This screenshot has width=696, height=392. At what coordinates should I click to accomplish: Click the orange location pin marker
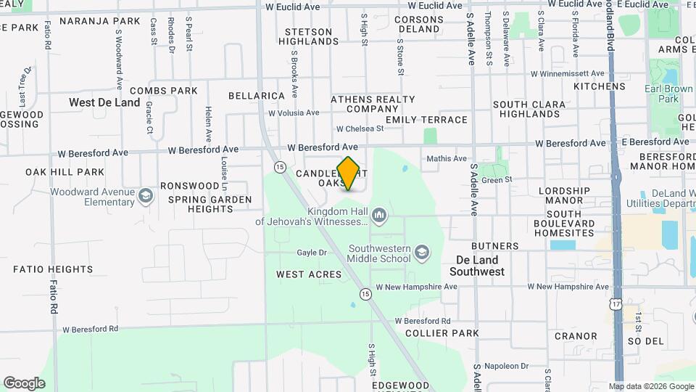[x=349, y=173]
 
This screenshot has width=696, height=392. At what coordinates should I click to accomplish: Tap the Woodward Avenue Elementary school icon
[x=146, y=196]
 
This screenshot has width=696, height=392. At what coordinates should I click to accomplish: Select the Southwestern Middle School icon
[x=421, y=253]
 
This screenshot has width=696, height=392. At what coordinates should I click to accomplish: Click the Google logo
[x=24, y=383]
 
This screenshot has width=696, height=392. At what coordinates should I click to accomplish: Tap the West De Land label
[x=104, y=102]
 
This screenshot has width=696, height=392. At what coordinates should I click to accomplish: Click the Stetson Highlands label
[x=309, y=37]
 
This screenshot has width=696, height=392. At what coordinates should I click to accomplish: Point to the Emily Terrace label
[x=426, y=120]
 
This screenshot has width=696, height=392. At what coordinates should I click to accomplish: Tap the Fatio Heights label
[x=53, y=269]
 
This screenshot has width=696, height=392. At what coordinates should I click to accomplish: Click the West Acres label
[x=309, y=274]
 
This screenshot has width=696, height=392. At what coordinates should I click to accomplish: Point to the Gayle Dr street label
[x=312, y=253]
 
